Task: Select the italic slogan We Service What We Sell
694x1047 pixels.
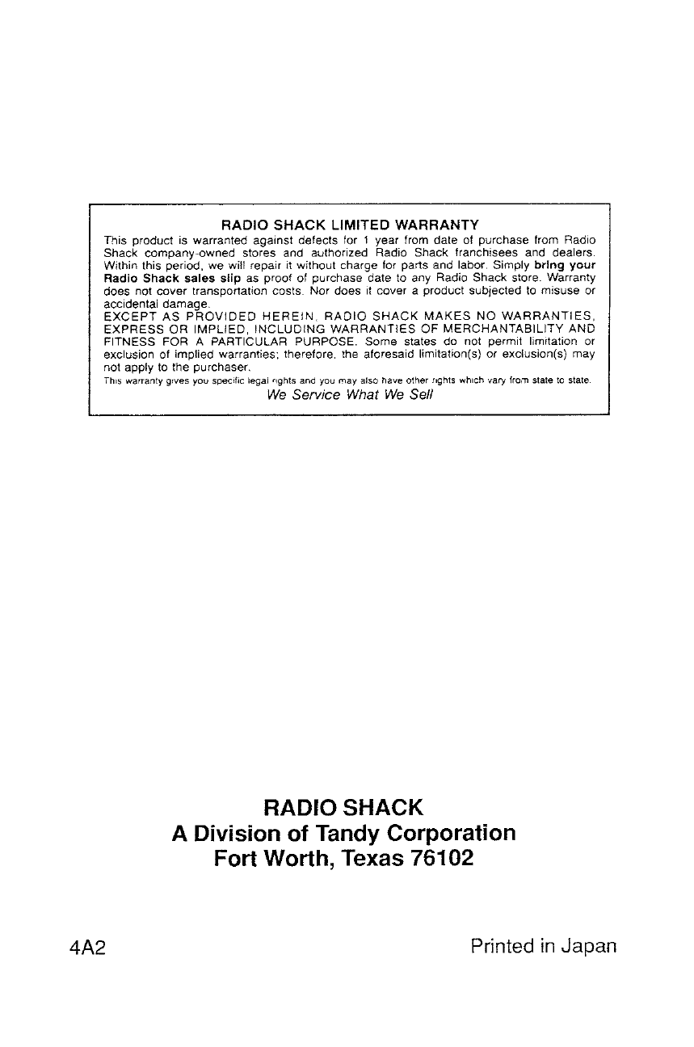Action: coord(350,396)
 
